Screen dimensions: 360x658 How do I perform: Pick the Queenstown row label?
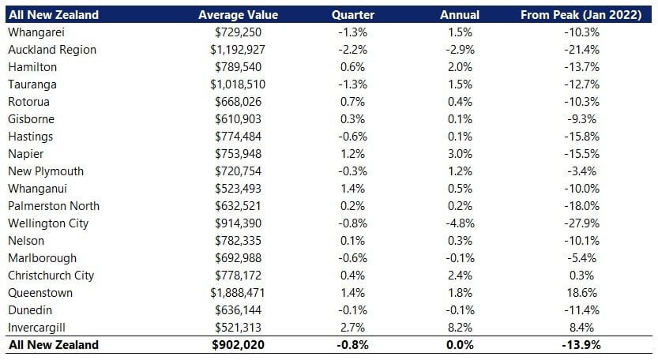39,293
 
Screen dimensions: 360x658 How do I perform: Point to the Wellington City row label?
47,223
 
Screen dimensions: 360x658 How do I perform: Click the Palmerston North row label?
51,206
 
